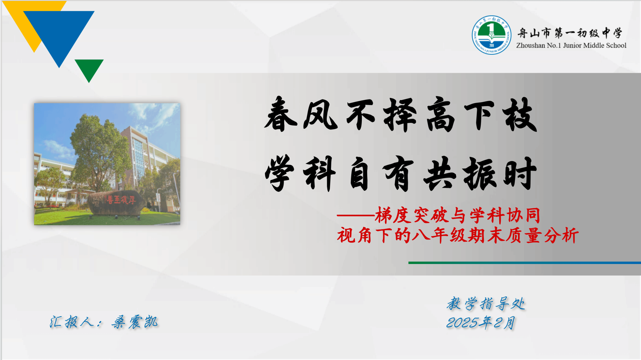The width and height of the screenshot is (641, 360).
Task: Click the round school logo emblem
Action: tap(491, 35)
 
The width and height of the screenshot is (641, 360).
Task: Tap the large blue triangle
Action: tap(59, 34)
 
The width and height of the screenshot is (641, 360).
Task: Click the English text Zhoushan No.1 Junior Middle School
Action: tap(571, 45)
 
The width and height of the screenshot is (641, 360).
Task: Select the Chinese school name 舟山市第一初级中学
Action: tap(570, 33)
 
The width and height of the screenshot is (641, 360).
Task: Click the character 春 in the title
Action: tap(280, 114)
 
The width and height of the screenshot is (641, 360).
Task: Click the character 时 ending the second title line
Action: tap(520, 173)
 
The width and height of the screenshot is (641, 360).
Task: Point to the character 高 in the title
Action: tap(440, 114)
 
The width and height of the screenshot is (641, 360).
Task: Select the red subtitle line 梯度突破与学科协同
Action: tap(458, 215)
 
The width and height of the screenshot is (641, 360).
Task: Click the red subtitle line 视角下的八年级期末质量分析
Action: tap(458, 235)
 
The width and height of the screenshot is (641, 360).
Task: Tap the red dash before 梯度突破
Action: tap(356, 215)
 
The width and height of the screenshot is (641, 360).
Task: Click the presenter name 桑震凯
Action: tap(135, 322)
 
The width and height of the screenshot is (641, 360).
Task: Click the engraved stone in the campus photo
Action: tap(116, 203)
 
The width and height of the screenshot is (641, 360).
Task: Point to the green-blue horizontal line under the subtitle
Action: tap(525, 263)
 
